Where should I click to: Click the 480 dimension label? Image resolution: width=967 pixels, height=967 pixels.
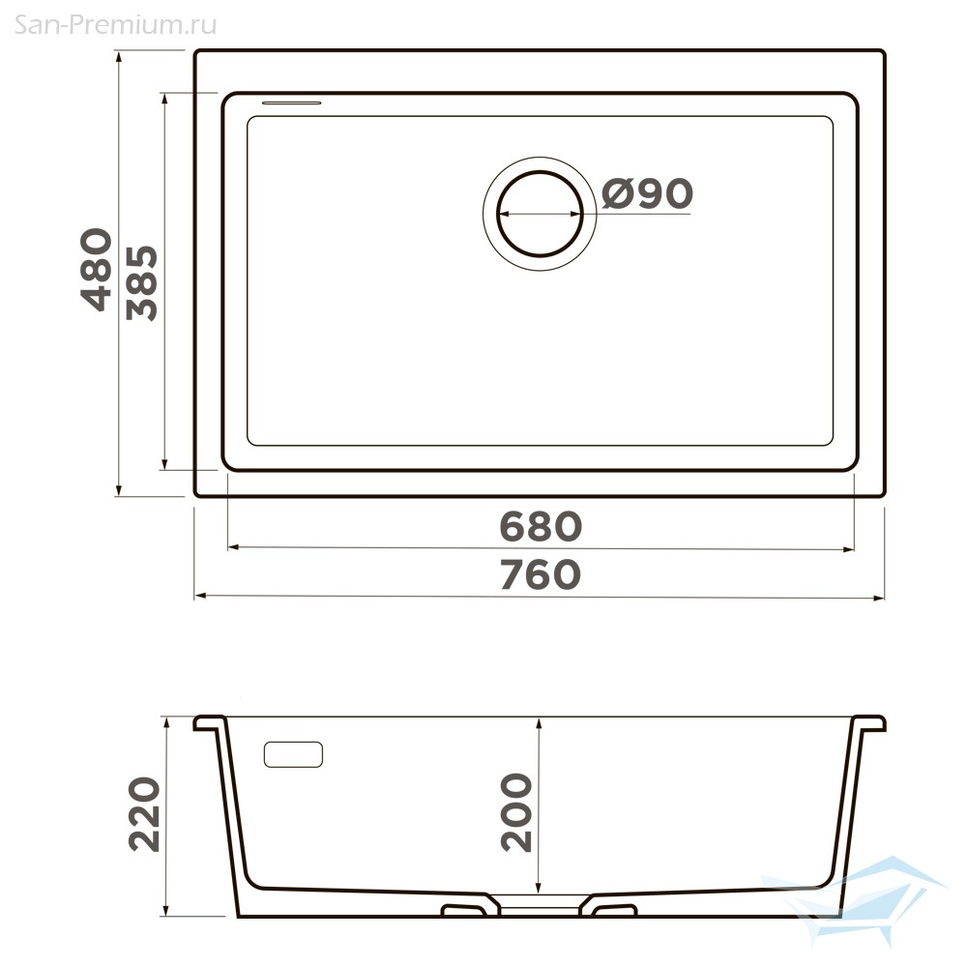(x=97, y=269)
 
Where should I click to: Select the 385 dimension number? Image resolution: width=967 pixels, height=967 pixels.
(x=142, y=283)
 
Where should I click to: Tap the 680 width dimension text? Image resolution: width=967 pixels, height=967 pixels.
(x=541, y=526)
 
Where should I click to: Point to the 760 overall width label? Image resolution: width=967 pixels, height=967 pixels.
(x=541, y=574)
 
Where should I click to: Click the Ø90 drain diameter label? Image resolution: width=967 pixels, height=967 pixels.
(x=647, y=193)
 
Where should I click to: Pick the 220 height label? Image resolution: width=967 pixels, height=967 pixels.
(x=144, y=814)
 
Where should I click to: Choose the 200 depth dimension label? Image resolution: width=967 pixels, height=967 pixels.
(x=516, y=813)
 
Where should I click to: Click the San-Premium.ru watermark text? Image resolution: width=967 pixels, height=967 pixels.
(x=115, y=25)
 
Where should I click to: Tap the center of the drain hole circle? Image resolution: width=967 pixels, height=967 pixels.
(x=540, y=214)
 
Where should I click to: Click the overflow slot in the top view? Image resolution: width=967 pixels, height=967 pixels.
(x=292, y=103)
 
